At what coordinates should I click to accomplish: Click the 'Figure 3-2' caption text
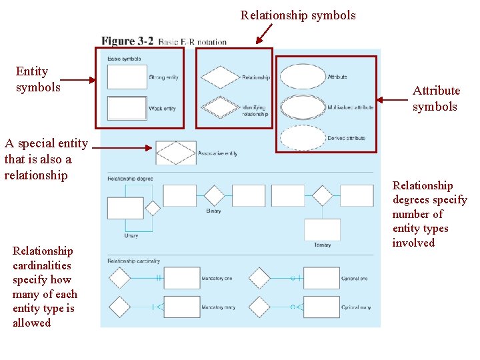tap(127, 41)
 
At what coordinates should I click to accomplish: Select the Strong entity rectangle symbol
tap(127, 77)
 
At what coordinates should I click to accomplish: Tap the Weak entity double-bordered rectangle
tap(127, 108)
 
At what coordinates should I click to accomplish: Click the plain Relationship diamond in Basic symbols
tap(220, 77)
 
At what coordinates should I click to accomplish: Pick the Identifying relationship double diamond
tap(220, 107)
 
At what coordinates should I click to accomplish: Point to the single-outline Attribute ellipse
tap(303, 77)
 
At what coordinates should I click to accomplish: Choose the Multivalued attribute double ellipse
tap(303, 107)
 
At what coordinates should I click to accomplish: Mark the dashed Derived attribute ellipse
tap(303, 137)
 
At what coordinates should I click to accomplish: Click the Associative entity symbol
tap(176, 153)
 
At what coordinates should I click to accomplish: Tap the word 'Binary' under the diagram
tap(213, 211)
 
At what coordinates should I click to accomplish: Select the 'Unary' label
tap(131, 235)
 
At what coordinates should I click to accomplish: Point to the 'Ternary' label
tap(322, 245)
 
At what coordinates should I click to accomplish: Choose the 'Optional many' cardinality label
tap(355, 307)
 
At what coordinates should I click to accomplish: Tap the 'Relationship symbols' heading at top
tap(298, 15)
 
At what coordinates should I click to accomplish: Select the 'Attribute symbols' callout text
tap(436, 99)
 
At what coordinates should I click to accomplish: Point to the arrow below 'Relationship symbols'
tap(265, 33)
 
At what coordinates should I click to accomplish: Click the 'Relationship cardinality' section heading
tap(134, 261)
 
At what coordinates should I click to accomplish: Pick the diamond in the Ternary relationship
tap(322, 195)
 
